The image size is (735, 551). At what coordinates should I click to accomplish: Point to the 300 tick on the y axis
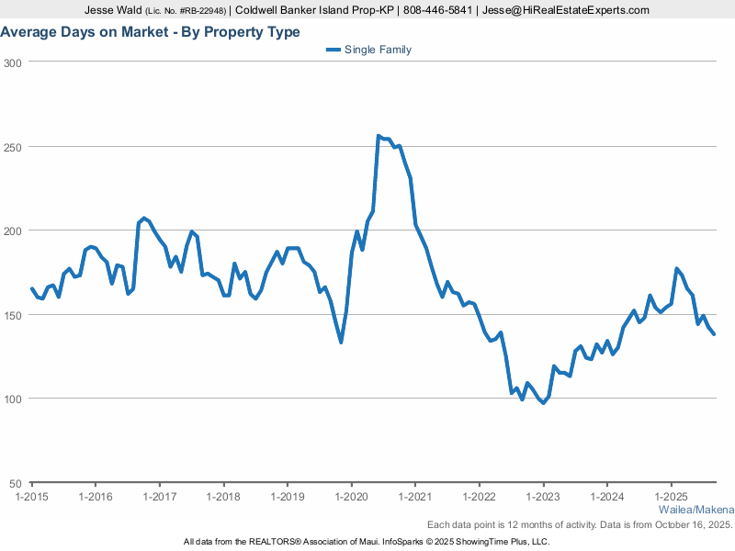(x=13, y=62)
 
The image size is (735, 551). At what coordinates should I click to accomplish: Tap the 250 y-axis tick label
(x=13, y=147)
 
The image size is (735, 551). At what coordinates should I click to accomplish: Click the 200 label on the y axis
(x=13, y=231)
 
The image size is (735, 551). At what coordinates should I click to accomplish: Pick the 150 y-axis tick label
(x=13, y=315)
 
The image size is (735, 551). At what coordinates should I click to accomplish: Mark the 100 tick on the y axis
(x=13, y=399)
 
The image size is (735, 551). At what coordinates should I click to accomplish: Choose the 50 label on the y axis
(x=16, y=483)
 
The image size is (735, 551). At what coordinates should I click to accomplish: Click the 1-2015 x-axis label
(x=31, y=497)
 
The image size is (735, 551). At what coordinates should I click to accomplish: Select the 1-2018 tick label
(x=223, y=497)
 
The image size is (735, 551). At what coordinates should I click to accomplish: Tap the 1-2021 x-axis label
(x=414, y=497)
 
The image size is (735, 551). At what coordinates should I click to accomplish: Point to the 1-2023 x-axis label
(x=542, y=497)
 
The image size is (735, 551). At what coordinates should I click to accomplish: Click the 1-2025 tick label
(x=671, y=497)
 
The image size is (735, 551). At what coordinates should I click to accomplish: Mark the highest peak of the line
(x=379, y=136)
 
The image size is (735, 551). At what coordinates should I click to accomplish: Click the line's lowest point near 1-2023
(x=543, y=403)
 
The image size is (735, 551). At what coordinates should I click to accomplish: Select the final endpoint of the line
(x=714, y=333)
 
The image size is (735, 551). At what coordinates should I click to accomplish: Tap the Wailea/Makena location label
(x=696, y=510)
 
